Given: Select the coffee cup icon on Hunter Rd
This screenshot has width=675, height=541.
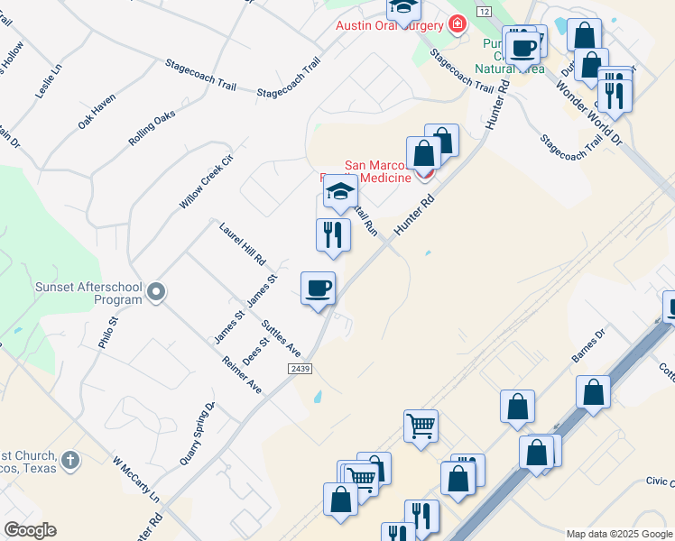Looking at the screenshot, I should [318, 289].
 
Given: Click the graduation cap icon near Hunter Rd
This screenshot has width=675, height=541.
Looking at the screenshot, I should [340, 191].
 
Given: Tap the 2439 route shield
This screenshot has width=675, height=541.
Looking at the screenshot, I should [301, 370].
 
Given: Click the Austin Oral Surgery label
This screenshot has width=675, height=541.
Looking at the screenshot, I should [391, 25].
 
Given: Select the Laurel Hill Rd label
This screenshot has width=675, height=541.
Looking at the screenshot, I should [243, 243].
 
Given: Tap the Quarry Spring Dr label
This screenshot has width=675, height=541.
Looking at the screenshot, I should [198, 433].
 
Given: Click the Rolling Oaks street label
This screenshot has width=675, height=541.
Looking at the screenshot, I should [151, 127].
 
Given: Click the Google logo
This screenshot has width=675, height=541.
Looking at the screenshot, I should [30, 529].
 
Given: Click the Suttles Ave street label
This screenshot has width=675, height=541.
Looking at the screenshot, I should [281, 336].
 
